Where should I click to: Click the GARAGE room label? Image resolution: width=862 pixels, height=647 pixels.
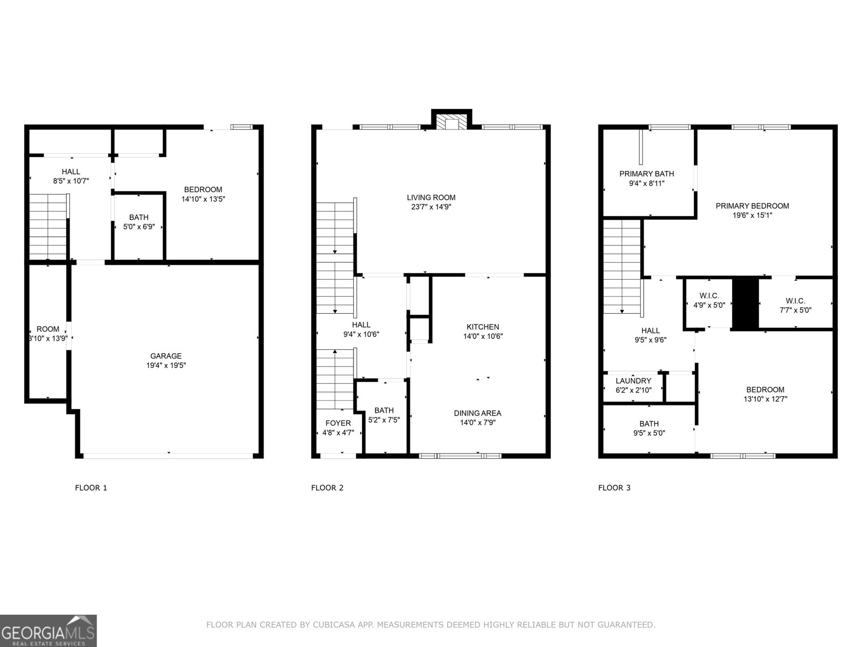pyautogui.click(x=166, y=356)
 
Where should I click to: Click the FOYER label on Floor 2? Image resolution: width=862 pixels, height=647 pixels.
pyautogui.click(x=338, y=423)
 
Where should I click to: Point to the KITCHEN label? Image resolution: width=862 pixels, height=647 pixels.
pyautogui.click(x=483, y=327)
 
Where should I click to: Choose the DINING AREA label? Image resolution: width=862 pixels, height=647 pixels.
pyautogui.click(x=477, y=413)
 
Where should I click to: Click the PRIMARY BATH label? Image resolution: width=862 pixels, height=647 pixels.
pyautogui.click(x=646, y=174)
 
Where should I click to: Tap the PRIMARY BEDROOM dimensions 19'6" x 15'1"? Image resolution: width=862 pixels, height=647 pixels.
pyautogui.click(x=752, y=215)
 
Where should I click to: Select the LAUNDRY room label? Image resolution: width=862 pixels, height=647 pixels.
pyautogui.click(x=634, y=381)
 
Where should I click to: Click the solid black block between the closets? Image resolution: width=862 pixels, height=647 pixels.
pyautogui.click(x=746, y=304)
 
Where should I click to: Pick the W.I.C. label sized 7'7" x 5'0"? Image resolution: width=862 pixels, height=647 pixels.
pyautogui.click(x=795, y=301)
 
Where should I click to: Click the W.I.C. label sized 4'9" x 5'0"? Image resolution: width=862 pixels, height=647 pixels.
pyautogui.click(x=709, y=295)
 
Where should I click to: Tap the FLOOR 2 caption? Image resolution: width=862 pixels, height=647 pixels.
pyautogui.click(x=327, y=488)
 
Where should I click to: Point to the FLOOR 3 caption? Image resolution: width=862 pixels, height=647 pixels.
pyautogui.click(x=614, y=488)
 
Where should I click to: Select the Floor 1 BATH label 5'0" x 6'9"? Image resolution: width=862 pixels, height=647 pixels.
pyautogui.click(x=138, y=217)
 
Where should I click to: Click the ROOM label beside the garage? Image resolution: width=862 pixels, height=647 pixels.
pyautogui.click(x=48, y=329)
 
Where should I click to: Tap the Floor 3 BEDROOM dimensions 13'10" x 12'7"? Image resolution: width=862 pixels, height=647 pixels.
pyautogui.click(x=765, y=400)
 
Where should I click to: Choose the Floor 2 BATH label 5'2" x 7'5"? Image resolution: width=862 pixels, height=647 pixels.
pyautogui.click(x=384, y=410)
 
